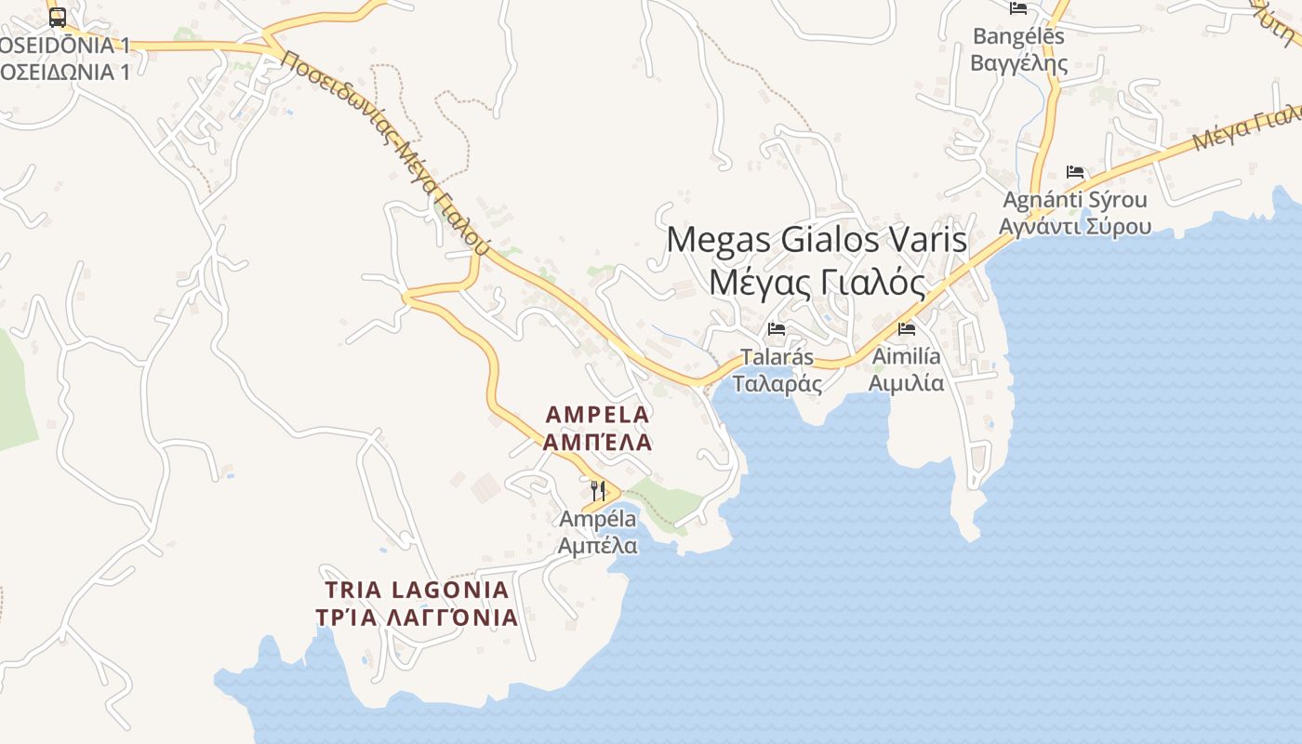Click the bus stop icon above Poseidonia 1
coord(57,17)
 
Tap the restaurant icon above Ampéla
coord(598,490)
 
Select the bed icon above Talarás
coord(777,329)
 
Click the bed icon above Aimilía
coord(907,328)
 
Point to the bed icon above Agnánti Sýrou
coord(1075,172)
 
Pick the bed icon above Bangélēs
coord(1018,8)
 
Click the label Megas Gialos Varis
coord(817,239)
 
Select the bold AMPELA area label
coord(597,414)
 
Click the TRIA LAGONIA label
coord(418,590)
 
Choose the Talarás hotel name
coord(777,357)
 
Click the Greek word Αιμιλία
coord(906,383)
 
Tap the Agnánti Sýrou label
coord(1074,200)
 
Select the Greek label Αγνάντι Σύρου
coord(1074,227)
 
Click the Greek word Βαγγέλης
coord(1019,63)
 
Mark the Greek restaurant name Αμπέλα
coord(598,545)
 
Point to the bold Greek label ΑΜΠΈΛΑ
coord(597,442)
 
